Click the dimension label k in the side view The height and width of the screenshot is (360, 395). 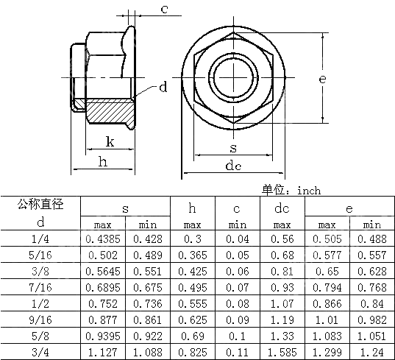coord(109,141)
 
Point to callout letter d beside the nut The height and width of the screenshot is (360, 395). coord(163,88)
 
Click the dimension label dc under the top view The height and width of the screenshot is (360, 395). coord(233,166)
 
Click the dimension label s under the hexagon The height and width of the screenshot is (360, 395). coord(233,148)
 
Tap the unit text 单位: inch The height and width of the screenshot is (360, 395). coord(291,190)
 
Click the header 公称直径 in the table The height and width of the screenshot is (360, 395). coord(40,204)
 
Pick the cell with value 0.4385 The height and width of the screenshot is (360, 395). coord(103,239)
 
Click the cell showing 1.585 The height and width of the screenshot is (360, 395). coord(282,351)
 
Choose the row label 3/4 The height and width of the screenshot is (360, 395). coord(40,351)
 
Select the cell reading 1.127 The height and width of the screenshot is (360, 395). coord(103,351)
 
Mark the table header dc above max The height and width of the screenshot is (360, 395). coord(282,209)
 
